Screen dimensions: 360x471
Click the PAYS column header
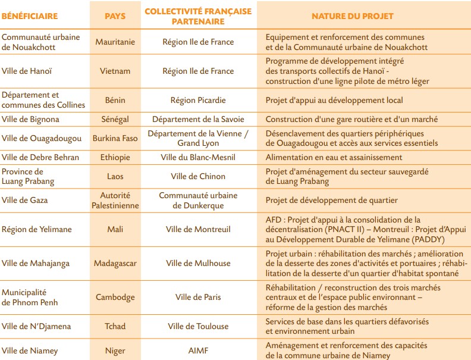pyautogui.click(x=115, y=16)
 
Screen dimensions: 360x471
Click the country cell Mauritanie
pyautogui.click(x=115, y=42)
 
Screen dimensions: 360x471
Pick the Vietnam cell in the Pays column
pyautogui.click(x=115, y=71)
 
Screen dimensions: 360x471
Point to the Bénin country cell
pyautogui.click(x=115, y=100)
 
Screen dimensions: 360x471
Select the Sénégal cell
pyautogui.click(x=115, y=119)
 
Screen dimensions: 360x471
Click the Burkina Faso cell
pyautogui.click(x=115, y=138)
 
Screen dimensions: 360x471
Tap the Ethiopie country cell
pyautogui.click(x=115, y=157)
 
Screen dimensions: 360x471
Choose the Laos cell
pyautogui.click(x=115, y=176)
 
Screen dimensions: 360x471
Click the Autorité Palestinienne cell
pyautogui.click(x=115, y=200)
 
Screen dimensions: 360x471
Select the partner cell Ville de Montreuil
pyautogui.click(x=198, y=229)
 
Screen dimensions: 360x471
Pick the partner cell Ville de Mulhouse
pyautogui.click(x=198, y=263)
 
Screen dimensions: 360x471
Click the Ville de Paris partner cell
pyautogui.click(x=198, y=297)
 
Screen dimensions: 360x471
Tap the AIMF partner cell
pyautogui.click(x=198, y=350)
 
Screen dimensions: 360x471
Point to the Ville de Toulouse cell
pyautogui.click(x=198, y=326)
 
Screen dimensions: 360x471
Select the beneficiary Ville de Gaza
pyautogui.click(x=25, y=200)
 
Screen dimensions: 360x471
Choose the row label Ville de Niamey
pyautogui.click(x=30, y=350)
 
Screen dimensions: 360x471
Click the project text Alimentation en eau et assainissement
pyautogui.click(x=334, y=157)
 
